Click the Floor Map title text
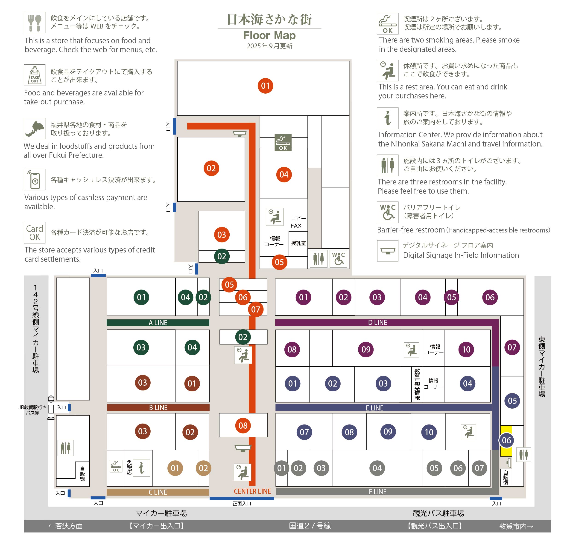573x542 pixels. pyautogui.click(x=269, y=35)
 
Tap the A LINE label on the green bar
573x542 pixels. pyautogui.click(x=158, y=323)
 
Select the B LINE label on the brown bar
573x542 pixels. pyautogui.click(x=158, y=408)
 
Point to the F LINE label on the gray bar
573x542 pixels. pyautogui.click(x=377, y=492)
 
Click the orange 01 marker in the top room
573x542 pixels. pyautogui.click(x=265, y=86)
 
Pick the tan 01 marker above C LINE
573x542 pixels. pyautogui.click(x=175, y=468)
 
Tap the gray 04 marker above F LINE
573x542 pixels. pyautogui.click(x=377, y=468)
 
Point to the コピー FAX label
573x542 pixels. pyautogui.click(x=298, y=222)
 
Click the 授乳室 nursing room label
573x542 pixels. pyautogui.click(x=298, y=243)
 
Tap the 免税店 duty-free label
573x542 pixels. pyautogui.click(x=129, y=467)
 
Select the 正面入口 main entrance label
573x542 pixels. pyautogui.click(x=242, y=504)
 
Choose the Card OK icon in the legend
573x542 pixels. pyautogui.click(x=35, y=232)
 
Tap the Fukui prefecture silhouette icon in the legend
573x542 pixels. pyautogui.click(x=35, y=128)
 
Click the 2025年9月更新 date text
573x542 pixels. pyautogui.click(x=269, y=46)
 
